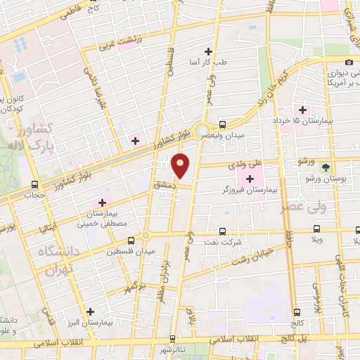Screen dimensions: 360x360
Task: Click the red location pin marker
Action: pyautogui.click(x=181, y=165)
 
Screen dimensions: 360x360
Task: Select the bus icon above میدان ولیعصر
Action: pyautogui.click(x=222, y=122)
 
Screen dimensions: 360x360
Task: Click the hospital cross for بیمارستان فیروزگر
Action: pyautogui.click(x=250, y=179)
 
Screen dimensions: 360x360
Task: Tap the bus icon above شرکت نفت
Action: pyautogui.click(x=222, y=231)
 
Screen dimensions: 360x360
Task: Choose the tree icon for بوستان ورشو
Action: pyautogui.click(x=326, y=167)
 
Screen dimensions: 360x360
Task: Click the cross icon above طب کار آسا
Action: pyautogui.click(x=207, y=51)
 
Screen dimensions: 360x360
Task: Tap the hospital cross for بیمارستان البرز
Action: pyautogui.click(x=90, y=311)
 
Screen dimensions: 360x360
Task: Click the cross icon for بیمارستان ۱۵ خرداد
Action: pyautogui.click(x=303, y=110)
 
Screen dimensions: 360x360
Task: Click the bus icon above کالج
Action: pyautogui.click(x=297, y=311)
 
